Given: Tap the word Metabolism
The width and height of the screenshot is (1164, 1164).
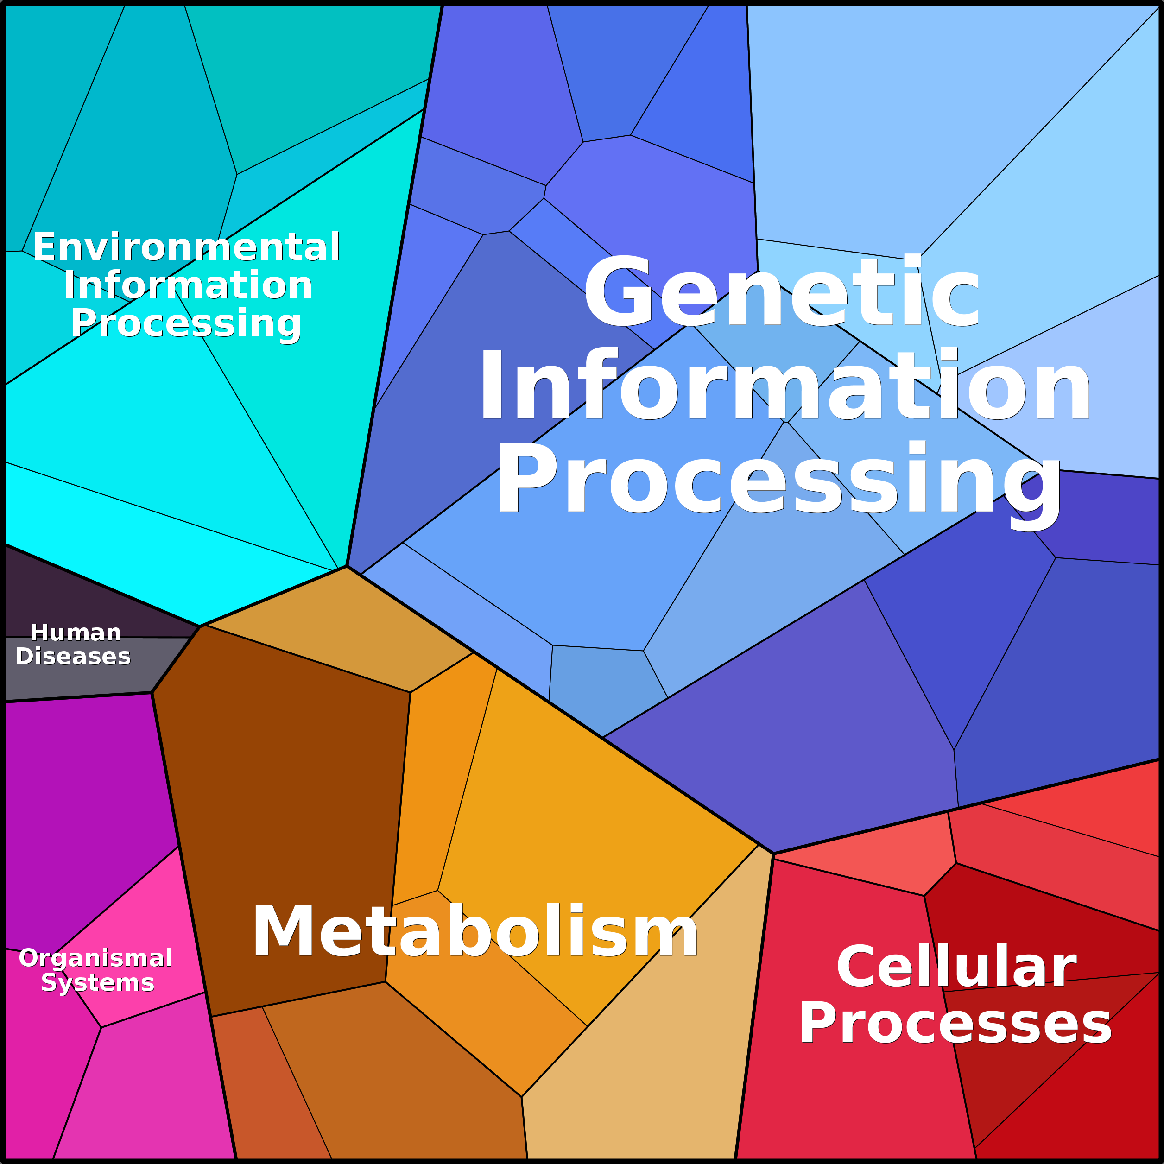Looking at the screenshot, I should (x=475, y=931).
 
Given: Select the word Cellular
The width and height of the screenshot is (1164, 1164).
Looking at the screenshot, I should (x=956, y=967).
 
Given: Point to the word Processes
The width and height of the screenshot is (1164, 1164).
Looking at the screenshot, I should (x=955, y=1024).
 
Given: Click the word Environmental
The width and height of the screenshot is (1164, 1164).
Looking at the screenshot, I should (x=186, y=247).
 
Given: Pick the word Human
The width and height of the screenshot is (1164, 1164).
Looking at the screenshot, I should (x=76, y=633).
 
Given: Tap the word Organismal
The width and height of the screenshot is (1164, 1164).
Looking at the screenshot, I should (x=96, y=958).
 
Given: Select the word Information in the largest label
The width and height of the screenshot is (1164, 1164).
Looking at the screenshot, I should (x=784, y=386).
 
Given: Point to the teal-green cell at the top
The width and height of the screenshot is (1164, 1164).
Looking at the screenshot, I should (x=313, y=72).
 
